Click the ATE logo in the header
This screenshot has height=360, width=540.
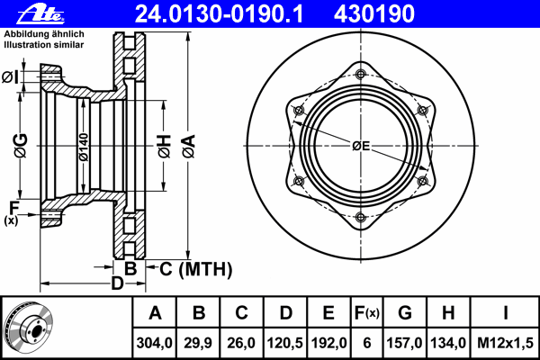40,14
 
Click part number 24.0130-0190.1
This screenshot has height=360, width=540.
220,14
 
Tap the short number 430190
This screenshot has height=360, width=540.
374,14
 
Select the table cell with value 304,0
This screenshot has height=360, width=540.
154,343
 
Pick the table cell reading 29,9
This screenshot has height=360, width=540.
198,343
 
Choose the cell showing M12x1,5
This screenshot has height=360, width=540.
505,343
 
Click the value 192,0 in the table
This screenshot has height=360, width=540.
328,343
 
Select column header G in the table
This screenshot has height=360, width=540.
405,313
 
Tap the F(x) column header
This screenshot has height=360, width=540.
367,313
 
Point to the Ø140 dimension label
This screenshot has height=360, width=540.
84,147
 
